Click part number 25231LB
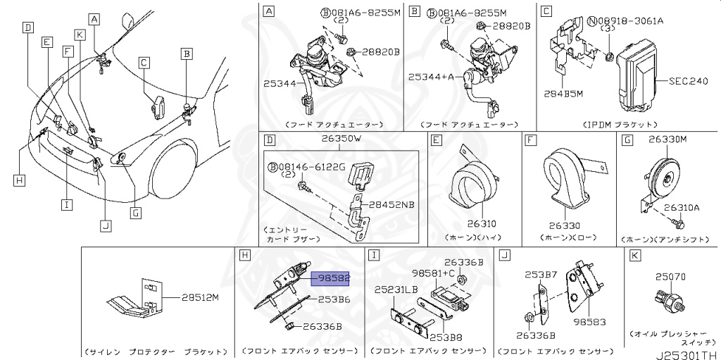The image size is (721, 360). point(396,290)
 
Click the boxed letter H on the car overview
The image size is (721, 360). point(19,180)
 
